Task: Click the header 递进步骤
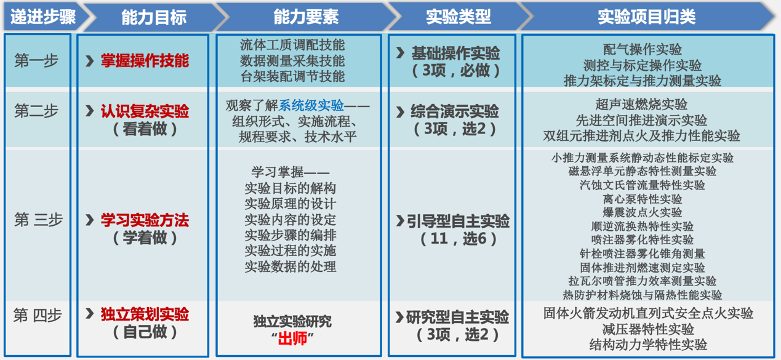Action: pyautogui.click(x=41, y=17)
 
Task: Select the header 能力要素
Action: pyautogui.click(x=305, y=17)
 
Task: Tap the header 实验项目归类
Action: pyautogui.click(x=646, y=17)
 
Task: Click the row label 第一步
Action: pyautogui.click(x=36, y=61)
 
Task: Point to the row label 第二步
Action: pyautogui.click(x=36, y=111)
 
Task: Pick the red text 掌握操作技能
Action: pyautogui.click(x=145, y=61)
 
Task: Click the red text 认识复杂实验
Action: pyautogui.click(x=145, y=111)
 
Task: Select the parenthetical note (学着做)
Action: pyautogui.click(x=145, y=238)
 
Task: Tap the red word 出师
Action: pyautogui.click(x=292, y=338)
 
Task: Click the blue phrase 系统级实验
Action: pyautogui.click(x=311, y=106)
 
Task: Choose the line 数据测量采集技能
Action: pyautogui.click(x=292, y=61)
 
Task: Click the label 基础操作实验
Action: pyautogui.click(x=455, y=54)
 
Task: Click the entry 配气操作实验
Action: pyautogui.click(x=643, y=50)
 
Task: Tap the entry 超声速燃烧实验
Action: pyautogui.click(x=642, y=105)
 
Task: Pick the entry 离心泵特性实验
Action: pyautogui.click(x=643, y=199)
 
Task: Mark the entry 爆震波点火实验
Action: pyautogui.click(x=643, y=212)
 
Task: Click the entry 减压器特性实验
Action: pyautogui.click(x=648, y=329)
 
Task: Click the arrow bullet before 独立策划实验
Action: pyautogui.click(x=90, y=314)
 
